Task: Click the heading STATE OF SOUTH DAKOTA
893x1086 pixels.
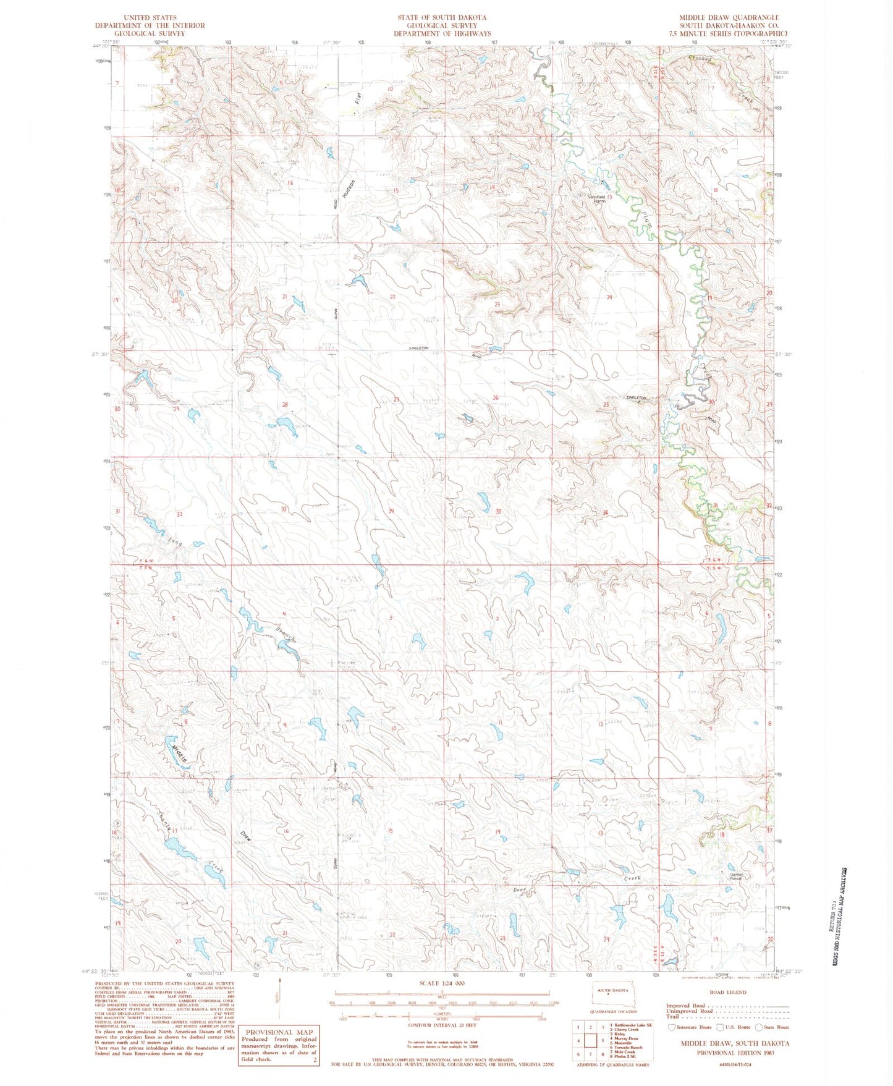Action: click(x=442, y=17)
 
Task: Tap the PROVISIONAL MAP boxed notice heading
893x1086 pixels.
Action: click(x=279, y=1032)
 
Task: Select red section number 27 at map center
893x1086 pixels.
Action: click(x=397, y=401)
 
